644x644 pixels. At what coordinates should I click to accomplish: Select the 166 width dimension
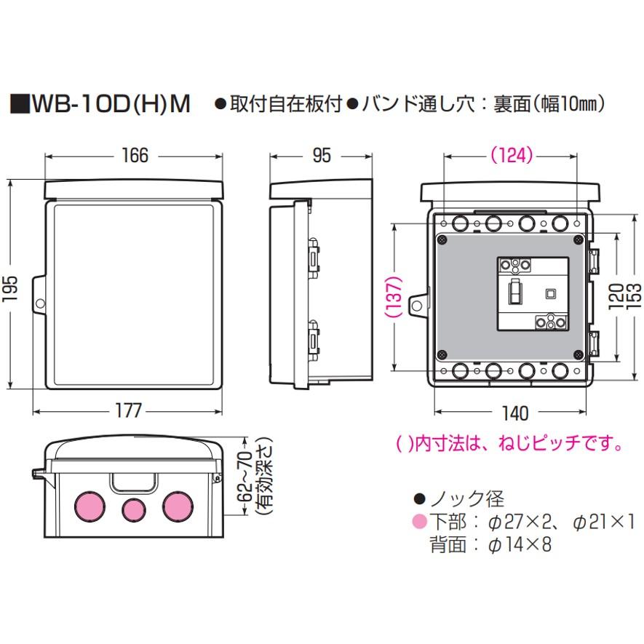[135, 156]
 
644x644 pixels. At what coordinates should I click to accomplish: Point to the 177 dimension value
[129, 411]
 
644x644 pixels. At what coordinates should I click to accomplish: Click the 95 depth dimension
[321, 156]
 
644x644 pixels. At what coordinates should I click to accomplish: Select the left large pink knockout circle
[88, 506]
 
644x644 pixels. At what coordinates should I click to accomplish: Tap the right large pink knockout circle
[176, 506]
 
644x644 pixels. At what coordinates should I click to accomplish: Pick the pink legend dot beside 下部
[418, 522]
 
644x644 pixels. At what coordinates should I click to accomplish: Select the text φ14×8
[520, 544]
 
